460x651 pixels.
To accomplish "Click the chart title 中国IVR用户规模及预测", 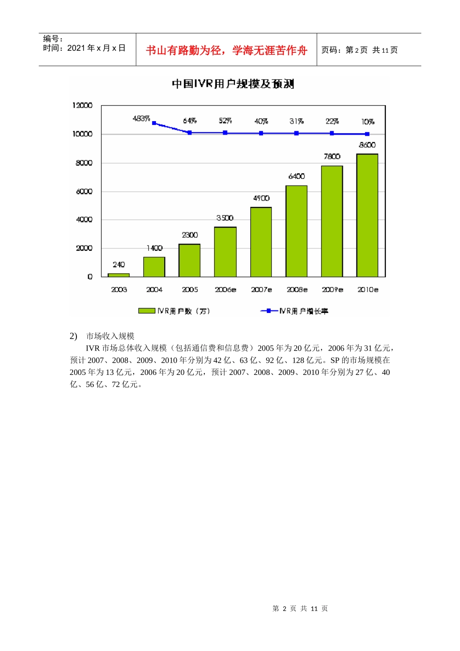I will [233, 84].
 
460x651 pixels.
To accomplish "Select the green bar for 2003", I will [119, 275].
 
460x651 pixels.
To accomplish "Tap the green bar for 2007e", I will [261, 242].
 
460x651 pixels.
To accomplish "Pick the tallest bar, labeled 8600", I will [367, 216].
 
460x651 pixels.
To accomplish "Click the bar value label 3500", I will [225, 218].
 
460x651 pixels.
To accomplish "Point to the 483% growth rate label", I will [141, 119].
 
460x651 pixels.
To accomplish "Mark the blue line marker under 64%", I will [190, 132].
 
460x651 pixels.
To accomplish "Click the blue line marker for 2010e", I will [367, 134].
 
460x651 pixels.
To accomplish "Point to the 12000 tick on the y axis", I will [82, 106].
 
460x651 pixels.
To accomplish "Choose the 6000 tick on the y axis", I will [84, 191].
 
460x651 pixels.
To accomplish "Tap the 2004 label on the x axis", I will [154, 290].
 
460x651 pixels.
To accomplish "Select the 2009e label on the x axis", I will [332, 290].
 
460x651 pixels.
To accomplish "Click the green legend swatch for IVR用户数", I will [147, 311].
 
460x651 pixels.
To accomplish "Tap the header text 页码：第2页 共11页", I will [359, 50].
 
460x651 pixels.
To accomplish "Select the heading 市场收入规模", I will [110, 336].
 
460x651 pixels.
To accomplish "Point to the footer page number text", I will [300, 608].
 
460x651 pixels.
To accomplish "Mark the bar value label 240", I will [119, 264].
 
